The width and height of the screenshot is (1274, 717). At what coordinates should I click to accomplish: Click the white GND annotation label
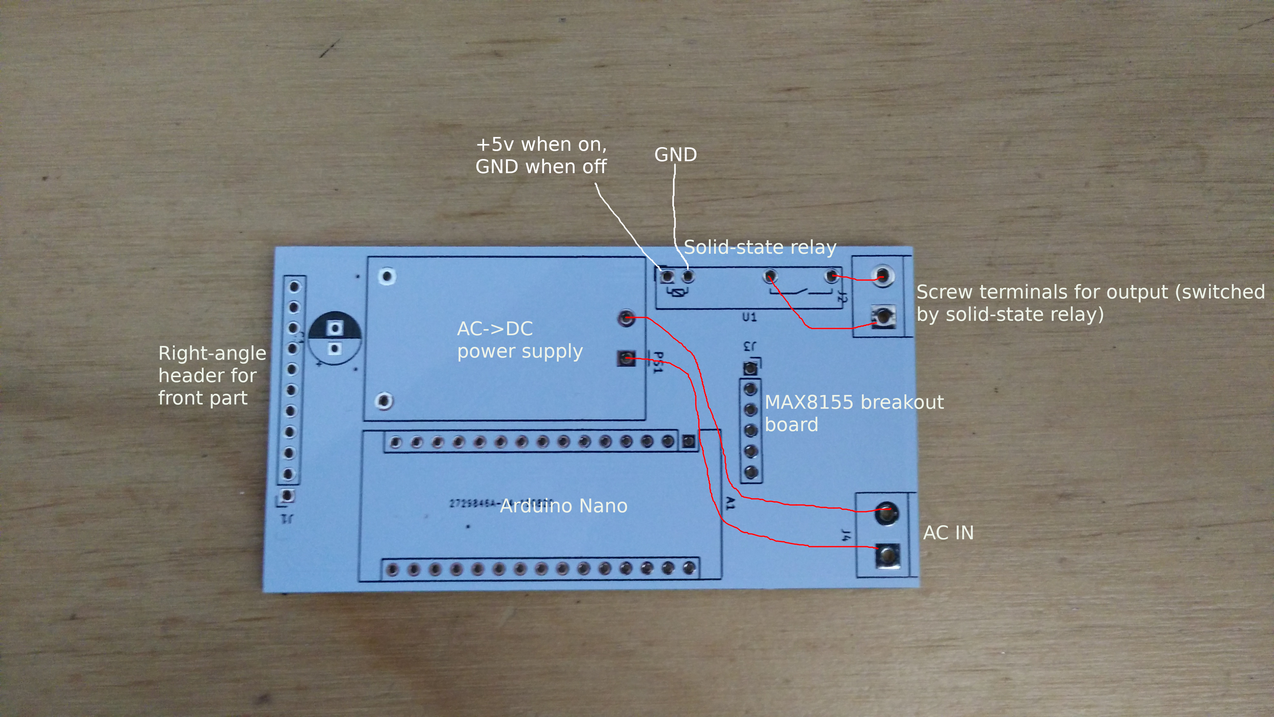676,154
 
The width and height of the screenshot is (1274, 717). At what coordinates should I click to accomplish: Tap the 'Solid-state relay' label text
759,247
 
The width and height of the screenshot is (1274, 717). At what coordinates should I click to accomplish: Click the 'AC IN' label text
948,533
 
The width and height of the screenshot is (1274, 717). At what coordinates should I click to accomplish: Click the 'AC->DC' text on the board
495,328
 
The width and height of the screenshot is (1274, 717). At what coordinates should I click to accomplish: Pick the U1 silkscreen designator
749,317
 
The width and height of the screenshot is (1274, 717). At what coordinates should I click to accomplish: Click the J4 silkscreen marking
846,534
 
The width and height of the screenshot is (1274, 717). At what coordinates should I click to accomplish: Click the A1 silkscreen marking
730,503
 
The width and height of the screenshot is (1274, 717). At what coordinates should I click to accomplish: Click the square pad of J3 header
750,368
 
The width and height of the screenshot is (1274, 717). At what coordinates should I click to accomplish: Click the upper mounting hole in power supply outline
387,276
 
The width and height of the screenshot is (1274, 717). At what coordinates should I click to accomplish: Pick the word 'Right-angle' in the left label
212,353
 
